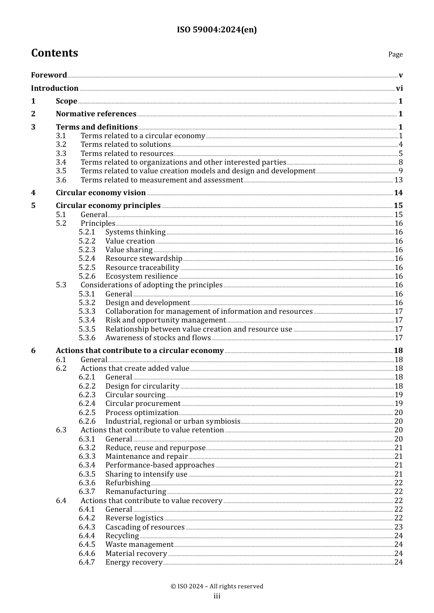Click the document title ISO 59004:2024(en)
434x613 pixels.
[217, 30]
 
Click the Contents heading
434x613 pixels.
[54, 53]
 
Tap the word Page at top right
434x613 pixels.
[395, 54]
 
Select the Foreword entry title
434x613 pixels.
[49, 75]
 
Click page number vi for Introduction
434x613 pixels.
[399, 88]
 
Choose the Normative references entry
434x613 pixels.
[96, 114]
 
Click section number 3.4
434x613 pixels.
[61, 162]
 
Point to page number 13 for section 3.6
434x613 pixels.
[398, 180]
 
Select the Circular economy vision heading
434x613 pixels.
[101, 193]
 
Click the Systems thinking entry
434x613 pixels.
[135, 232]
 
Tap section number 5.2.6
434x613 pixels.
[87, 276]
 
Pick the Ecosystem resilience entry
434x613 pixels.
[141, 276]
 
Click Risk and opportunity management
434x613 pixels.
[165, 320]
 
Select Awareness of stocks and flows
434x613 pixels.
[158, 338]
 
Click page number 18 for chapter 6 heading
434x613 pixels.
[398, 351]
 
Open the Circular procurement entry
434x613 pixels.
[143, 404]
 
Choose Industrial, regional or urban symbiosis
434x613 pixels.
[173, 421]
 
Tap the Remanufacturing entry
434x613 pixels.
[136, 492]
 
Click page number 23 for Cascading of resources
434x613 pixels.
[398, 527]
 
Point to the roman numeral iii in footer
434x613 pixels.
[217, 596]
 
